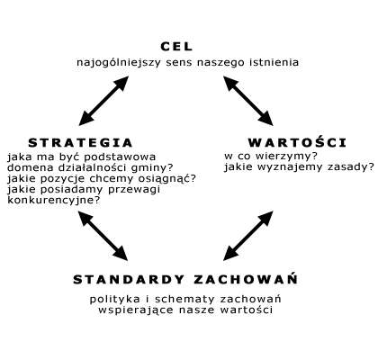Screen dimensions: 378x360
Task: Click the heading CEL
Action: (x=176, y=47)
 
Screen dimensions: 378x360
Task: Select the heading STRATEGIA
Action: (x=80, y=143)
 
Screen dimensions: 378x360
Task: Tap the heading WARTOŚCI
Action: (x=297, y=142)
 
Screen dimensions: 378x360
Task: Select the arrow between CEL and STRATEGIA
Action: (x=103, y=101)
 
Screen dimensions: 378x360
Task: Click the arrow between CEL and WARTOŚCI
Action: (x=248, y=101)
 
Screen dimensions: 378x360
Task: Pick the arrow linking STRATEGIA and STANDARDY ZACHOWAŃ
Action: (x=103, y=236)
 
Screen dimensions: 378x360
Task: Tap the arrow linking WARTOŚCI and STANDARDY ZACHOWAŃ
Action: (x=248, y=236)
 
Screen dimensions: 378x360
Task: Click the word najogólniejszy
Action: (x=119, y=63)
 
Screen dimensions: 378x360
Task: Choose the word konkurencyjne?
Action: (x=53, y=201)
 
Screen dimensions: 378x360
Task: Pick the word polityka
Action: (x=114, y=300)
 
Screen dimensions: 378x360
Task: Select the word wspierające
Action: (x=136, y=310)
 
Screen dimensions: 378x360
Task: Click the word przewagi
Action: (x=134, y=190)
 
